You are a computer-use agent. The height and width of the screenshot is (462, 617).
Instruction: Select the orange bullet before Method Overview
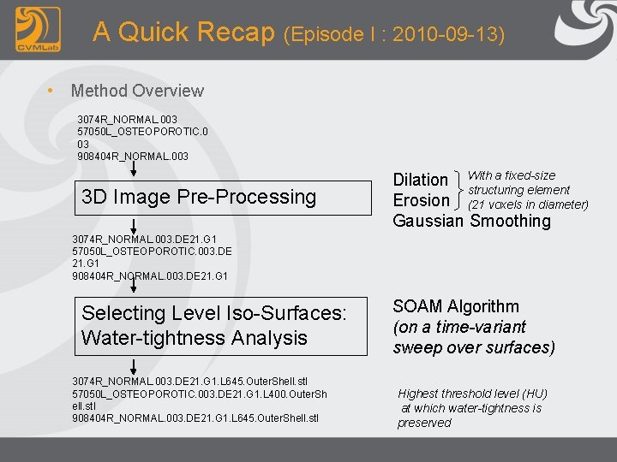52,91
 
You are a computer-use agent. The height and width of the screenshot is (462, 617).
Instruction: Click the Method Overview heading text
137,91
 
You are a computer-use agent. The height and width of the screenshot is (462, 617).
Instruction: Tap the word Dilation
420,180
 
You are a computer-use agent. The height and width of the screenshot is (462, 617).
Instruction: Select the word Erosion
421,200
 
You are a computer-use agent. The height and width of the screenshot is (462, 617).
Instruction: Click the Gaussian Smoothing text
471,222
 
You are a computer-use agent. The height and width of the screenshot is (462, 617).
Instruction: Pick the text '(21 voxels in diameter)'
528,204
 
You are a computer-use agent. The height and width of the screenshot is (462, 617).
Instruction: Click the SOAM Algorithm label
456,306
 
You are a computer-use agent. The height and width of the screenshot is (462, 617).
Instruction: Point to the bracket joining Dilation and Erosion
459,190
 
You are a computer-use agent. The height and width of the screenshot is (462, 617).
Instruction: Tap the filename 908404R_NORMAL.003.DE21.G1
150,276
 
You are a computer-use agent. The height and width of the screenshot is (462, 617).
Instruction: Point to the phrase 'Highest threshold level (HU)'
472,394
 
